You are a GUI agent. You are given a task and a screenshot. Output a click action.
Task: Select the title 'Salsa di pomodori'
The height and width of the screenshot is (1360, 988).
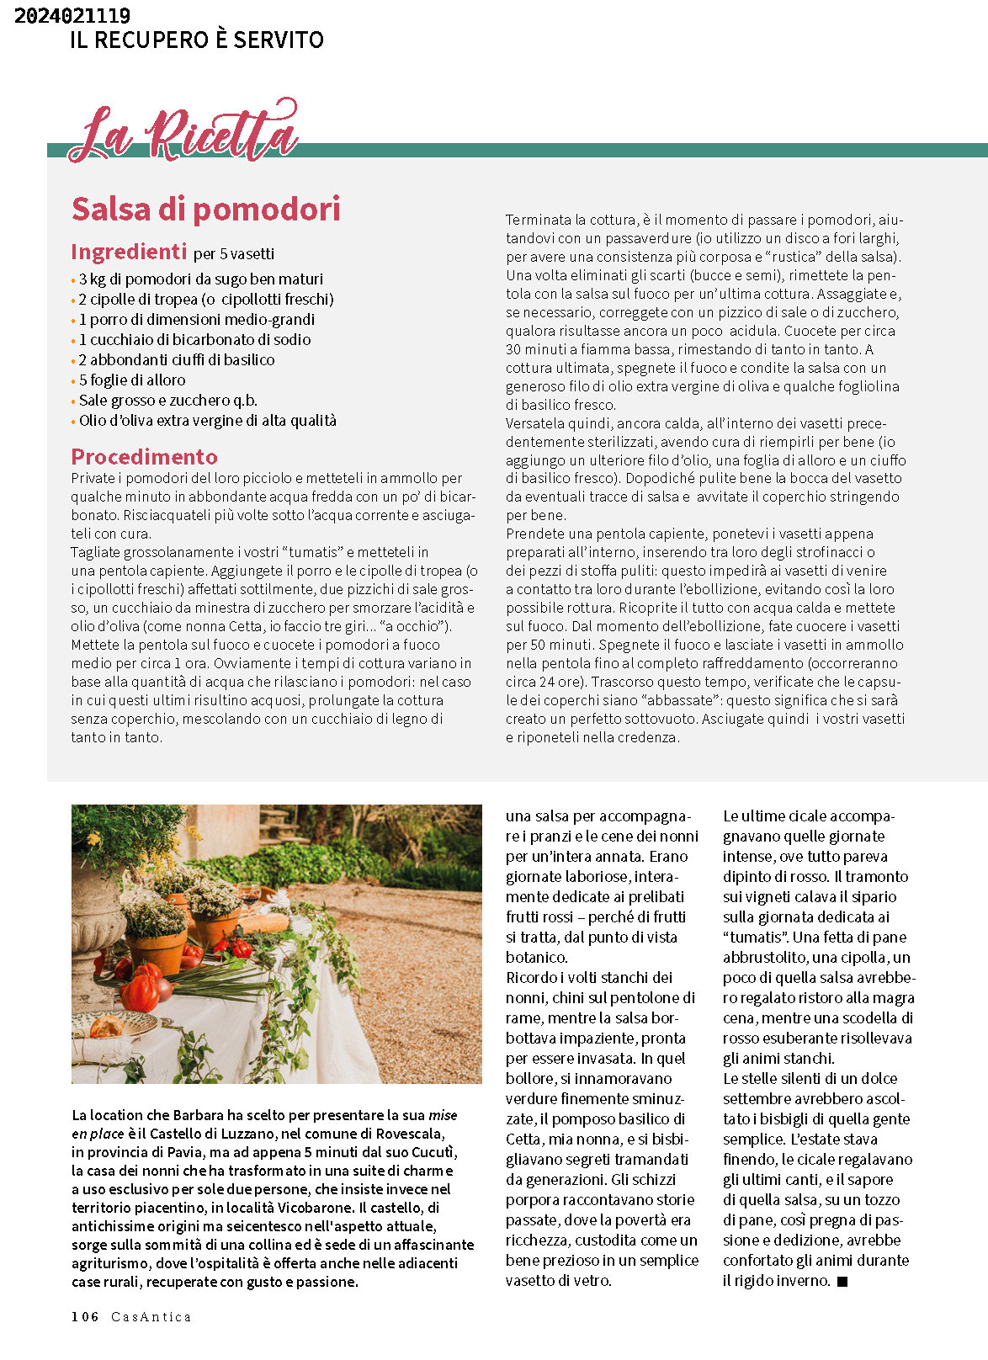[205, 210]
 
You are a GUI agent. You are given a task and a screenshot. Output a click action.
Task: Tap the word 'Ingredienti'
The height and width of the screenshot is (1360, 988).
[129, 252]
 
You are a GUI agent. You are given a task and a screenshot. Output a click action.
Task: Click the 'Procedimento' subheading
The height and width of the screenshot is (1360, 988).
[144, 457]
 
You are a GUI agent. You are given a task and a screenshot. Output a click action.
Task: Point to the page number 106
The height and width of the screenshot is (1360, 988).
[85, 1317]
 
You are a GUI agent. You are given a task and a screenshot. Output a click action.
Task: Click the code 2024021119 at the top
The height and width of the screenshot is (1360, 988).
[72, 15]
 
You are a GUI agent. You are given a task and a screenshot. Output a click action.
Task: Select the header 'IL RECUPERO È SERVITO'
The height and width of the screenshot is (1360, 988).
[197, 40]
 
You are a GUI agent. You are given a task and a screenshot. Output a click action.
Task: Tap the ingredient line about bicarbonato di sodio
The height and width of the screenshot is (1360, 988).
[194, 340]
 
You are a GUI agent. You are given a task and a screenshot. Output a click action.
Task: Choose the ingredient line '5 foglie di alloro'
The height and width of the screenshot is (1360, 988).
[132, 380]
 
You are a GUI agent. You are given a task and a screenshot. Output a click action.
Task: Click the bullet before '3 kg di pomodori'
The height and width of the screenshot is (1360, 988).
[73, 280]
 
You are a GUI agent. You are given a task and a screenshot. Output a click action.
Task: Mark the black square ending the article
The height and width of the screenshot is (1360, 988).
[842, 1282]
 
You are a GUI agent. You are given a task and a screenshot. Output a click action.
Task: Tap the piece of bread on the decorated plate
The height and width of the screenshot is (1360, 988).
[107, 1026]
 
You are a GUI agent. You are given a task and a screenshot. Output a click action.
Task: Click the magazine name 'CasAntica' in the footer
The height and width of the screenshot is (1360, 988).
[151, 1317]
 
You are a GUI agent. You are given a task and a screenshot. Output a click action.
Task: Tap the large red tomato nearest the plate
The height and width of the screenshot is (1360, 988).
[140, 992]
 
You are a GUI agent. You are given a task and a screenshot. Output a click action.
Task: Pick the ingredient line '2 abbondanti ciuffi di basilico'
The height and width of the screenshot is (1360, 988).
[177, 360]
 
